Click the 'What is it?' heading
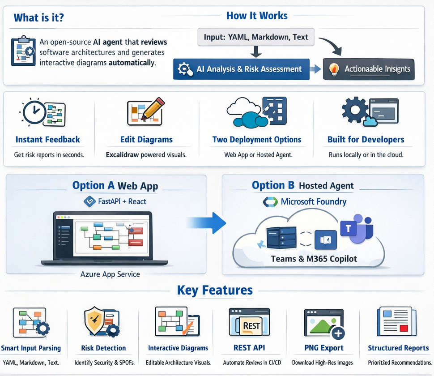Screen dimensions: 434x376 click(39, 18)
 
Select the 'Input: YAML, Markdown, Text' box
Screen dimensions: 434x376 click(256, 37)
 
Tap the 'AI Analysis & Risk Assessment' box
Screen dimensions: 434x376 click(241, 69)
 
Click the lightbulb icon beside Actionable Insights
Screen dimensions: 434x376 click(334, 69)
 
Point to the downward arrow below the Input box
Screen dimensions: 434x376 click(256, 52)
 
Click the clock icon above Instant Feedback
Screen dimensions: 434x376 click(34, 112)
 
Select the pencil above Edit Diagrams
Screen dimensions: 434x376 click(153, 108)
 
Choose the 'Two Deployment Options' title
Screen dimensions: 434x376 click(256, 140)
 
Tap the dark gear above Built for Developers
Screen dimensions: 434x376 click(355, 110)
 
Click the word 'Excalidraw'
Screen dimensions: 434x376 click(122, 155)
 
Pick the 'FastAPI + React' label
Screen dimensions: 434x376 click(122, 201)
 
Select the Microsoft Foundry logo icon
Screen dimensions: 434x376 click(270, 202)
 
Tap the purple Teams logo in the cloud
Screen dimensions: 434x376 click(357, 229)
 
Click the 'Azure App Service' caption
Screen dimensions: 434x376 click(110, 274)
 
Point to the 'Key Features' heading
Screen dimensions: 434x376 click(215, 290)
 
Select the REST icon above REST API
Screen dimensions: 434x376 click(249, 323)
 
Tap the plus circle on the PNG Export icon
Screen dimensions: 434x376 click(338, 333)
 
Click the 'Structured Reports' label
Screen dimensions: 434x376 click(398, 348)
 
